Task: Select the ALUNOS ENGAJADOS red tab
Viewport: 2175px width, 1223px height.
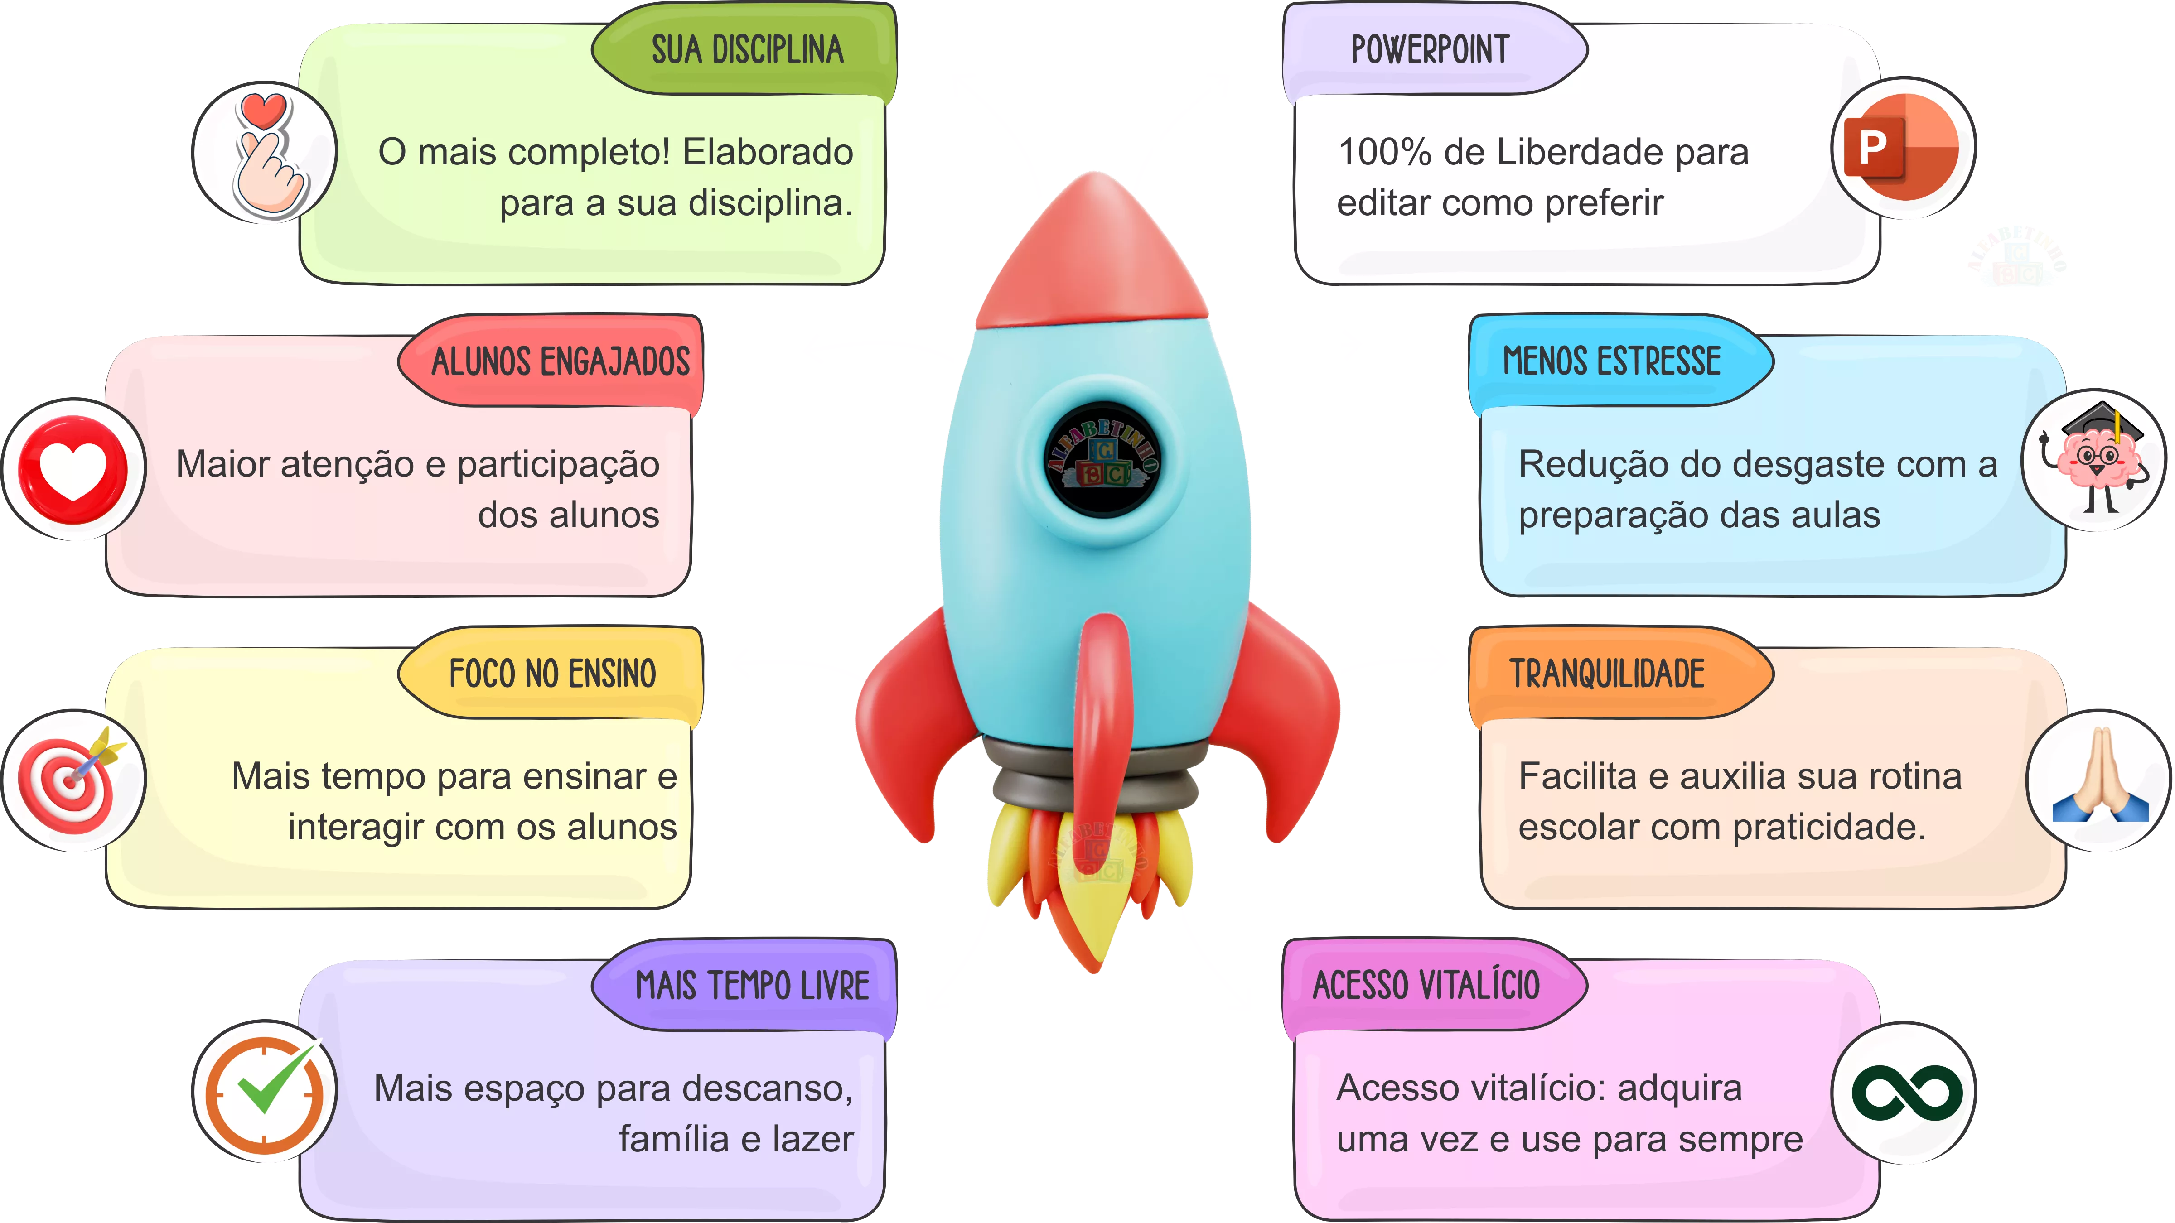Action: (x=560, y=361)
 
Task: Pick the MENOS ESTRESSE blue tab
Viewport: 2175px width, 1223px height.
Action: (x=1611, y=361)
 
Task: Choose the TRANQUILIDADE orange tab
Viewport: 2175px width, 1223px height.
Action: (x=1607, y=674)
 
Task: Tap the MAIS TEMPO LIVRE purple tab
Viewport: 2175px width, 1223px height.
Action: (x=751, y=985)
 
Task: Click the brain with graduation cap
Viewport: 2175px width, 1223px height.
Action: (x=2094, y=460)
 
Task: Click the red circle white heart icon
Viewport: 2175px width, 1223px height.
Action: (x=73, y=469)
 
